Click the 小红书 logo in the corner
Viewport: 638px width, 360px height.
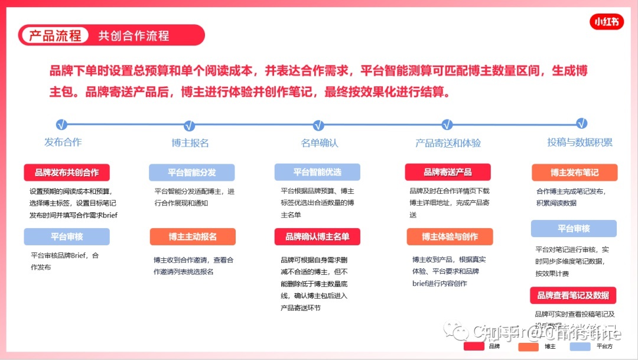pos(607,22)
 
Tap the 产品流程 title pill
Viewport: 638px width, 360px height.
pos(55,35)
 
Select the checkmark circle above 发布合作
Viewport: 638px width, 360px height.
pos(62,125)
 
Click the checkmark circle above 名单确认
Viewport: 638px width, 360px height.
pos(318,125)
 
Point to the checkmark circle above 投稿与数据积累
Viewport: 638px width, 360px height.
pos(582,124)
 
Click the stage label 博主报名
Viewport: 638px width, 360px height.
pos(190,143)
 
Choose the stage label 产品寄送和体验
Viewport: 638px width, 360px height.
pos(448,143)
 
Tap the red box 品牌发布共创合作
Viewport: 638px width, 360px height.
pos(67,173)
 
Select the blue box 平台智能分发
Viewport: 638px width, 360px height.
pos(191,173)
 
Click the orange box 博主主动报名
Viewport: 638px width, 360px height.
pos(193,236)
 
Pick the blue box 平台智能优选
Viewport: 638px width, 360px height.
pos(317,172)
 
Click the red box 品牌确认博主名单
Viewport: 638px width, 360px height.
pos(317,236)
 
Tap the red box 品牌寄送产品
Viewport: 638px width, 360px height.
pos(447,172)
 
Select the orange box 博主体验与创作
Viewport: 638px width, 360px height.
pos(450,236)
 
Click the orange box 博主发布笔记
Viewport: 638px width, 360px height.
pos(574,173)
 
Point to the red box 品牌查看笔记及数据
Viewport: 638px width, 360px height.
pos(572,295)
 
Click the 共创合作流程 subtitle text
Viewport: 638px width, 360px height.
pos(134,35)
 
